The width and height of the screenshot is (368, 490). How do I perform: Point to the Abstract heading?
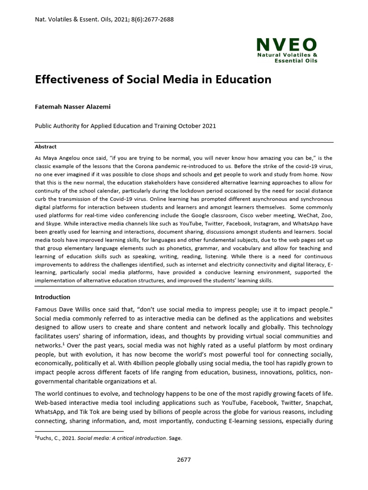pos(46,147)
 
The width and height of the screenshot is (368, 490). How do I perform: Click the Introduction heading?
pos(53,297)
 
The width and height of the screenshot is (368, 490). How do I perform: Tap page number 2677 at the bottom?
pos(184,459)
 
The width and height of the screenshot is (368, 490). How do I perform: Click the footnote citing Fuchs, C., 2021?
pos(108,438)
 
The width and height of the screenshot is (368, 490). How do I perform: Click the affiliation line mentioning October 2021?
pos(126,126)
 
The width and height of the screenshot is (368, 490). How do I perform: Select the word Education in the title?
pos(243,79)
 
